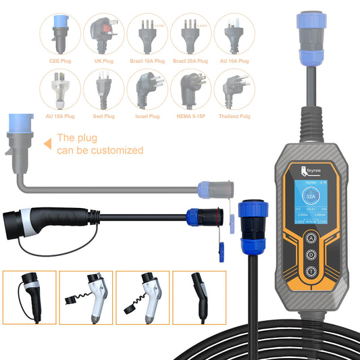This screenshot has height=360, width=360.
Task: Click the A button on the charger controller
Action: [311, 238]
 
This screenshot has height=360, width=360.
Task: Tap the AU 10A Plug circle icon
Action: [233, 32]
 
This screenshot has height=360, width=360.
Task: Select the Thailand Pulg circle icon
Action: [233, 88]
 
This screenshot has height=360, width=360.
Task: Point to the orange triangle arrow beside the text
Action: [48, 143]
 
